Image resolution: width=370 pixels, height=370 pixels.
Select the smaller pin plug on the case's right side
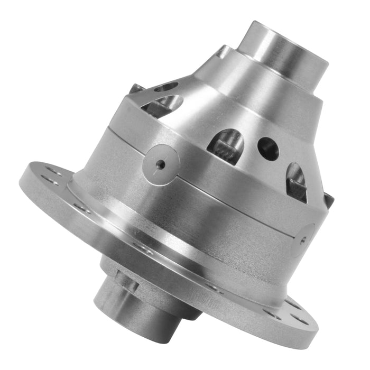point(305,238)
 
